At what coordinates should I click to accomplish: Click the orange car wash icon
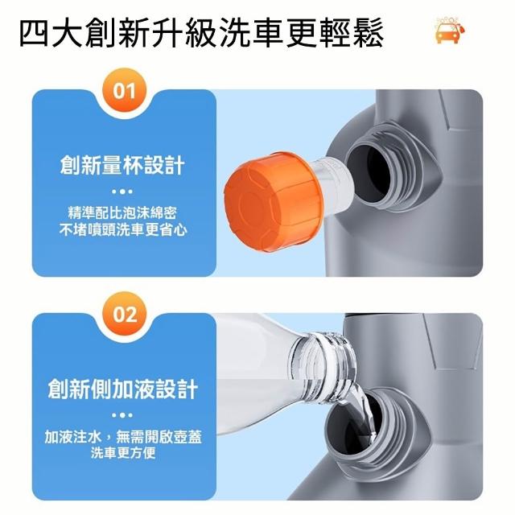[450, 30]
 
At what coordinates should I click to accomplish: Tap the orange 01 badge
[124, 90]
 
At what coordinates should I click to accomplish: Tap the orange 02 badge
[124, 314]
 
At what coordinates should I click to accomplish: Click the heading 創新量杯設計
[122, 165]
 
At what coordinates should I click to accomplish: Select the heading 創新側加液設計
[122, 389]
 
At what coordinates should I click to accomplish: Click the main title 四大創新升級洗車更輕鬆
[202, 32]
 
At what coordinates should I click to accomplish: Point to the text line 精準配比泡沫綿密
[122, 212]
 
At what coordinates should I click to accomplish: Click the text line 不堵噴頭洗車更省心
[123, 229]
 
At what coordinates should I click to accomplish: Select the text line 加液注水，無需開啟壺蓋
[123, 437]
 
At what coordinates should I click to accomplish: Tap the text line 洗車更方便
[123, 453]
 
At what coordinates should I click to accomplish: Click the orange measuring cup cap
[274, 202]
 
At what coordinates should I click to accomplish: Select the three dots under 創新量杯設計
[122, 192]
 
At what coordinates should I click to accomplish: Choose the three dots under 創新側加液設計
[122, 415]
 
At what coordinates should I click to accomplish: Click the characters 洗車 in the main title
[251, 32]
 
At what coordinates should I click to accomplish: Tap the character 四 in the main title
[35, 33]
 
